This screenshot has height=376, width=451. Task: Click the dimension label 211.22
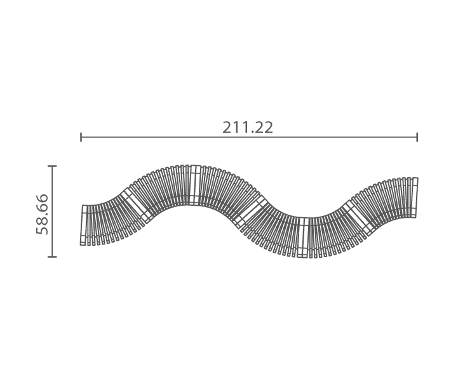pyautogui.click(x=248, y=128)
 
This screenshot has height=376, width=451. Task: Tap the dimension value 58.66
pyautogui.click(x=42, y=214)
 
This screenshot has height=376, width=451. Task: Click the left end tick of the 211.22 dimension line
pyautogui.click(x=81, y=137)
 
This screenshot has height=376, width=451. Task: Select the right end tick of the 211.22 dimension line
pyautogui.click(x=417, y=137)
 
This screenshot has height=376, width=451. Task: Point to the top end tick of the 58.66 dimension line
pyautogui.click(x=52, y=166)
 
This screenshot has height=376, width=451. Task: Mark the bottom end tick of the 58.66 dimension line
pyautogui.click(x=52, y=257)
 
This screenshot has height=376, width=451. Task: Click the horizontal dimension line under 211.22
pyautogui.click(x=249, y=137)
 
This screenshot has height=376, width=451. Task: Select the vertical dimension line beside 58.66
pyautogui.click(x=52, y=211)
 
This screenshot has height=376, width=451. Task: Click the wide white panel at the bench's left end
pyautogui.click(x=83, y=225)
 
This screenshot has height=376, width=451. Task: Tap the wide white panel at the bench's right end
pyautogui.click(x=414, y=198)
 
